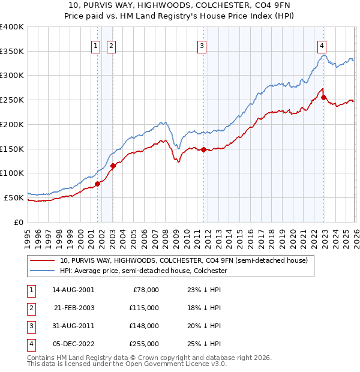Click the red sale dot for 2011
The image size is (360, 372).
[203, 149]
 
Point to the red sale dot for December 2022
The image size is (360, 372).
[323, 97]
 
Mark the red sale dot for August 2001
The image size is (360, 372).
[97, 184]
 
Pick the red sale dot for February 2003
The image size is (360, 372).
[113, 166]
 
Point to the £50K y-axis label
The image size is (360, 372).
[14, 197]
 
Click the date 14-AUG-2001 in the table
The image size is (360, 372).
[74, 289]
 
